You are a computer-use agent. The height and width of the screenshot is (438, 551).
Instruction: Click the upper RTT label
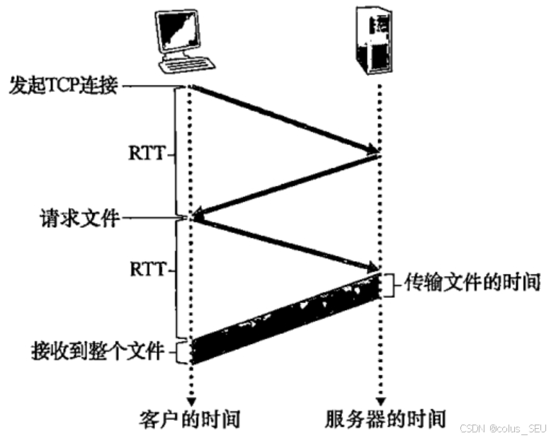147,151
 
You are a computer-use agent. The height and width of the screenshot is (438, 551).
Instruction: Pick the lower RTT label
147,270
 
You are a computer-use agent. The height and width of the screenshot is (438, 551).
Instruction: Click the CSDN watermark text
503,428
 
